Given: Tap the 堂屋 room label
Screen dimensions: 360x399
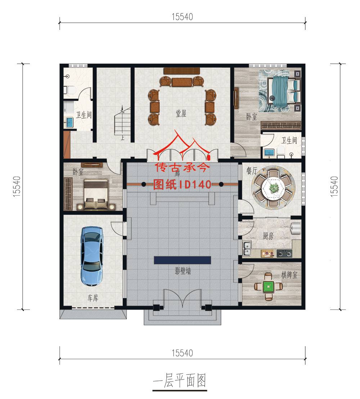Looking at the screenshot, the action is (x=181, y=114).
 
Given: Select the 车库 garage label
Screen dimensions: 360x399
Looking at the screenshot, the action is (x=93, y=298).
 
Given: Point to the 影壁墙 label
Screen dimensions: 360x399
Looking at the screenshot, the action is (x=183, y=271).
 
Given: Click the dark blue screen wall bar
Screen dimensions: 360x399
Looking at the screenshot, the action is (x=182, y=260).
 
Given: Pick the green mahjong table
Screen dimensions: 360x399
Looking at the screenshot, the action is (x=268, y=287).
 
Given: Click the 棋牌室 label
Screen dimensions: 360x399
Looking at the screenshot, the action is (x=289, y=275).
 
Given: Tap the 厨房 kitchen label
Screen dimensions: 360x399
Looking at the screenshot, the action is (x=268, y=236).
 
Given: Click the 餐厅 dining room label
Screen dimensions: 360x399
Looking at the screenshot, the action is (x=252, y=170).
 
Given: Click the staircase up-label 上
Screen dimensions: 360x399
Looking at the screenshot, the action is (x=122, y=138).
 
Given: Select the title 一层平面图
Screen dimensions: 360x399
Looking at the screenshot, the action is (x=180, y=380).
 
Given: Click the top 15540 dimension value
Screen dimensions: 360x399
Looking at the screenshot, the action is (x=182, y=17).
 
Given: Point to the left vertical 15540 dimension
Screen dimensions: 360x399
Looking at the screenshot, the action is (x=17, y=186).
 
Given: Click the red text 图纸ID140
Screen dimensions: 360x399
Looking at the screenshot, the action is (x=182, y=185).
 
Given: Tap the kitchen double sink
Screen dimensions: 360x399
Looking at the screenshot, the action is (x=247, y=248).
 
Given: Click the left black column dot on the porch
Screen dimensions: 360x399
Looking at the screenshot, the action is (x=144, y=184).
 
